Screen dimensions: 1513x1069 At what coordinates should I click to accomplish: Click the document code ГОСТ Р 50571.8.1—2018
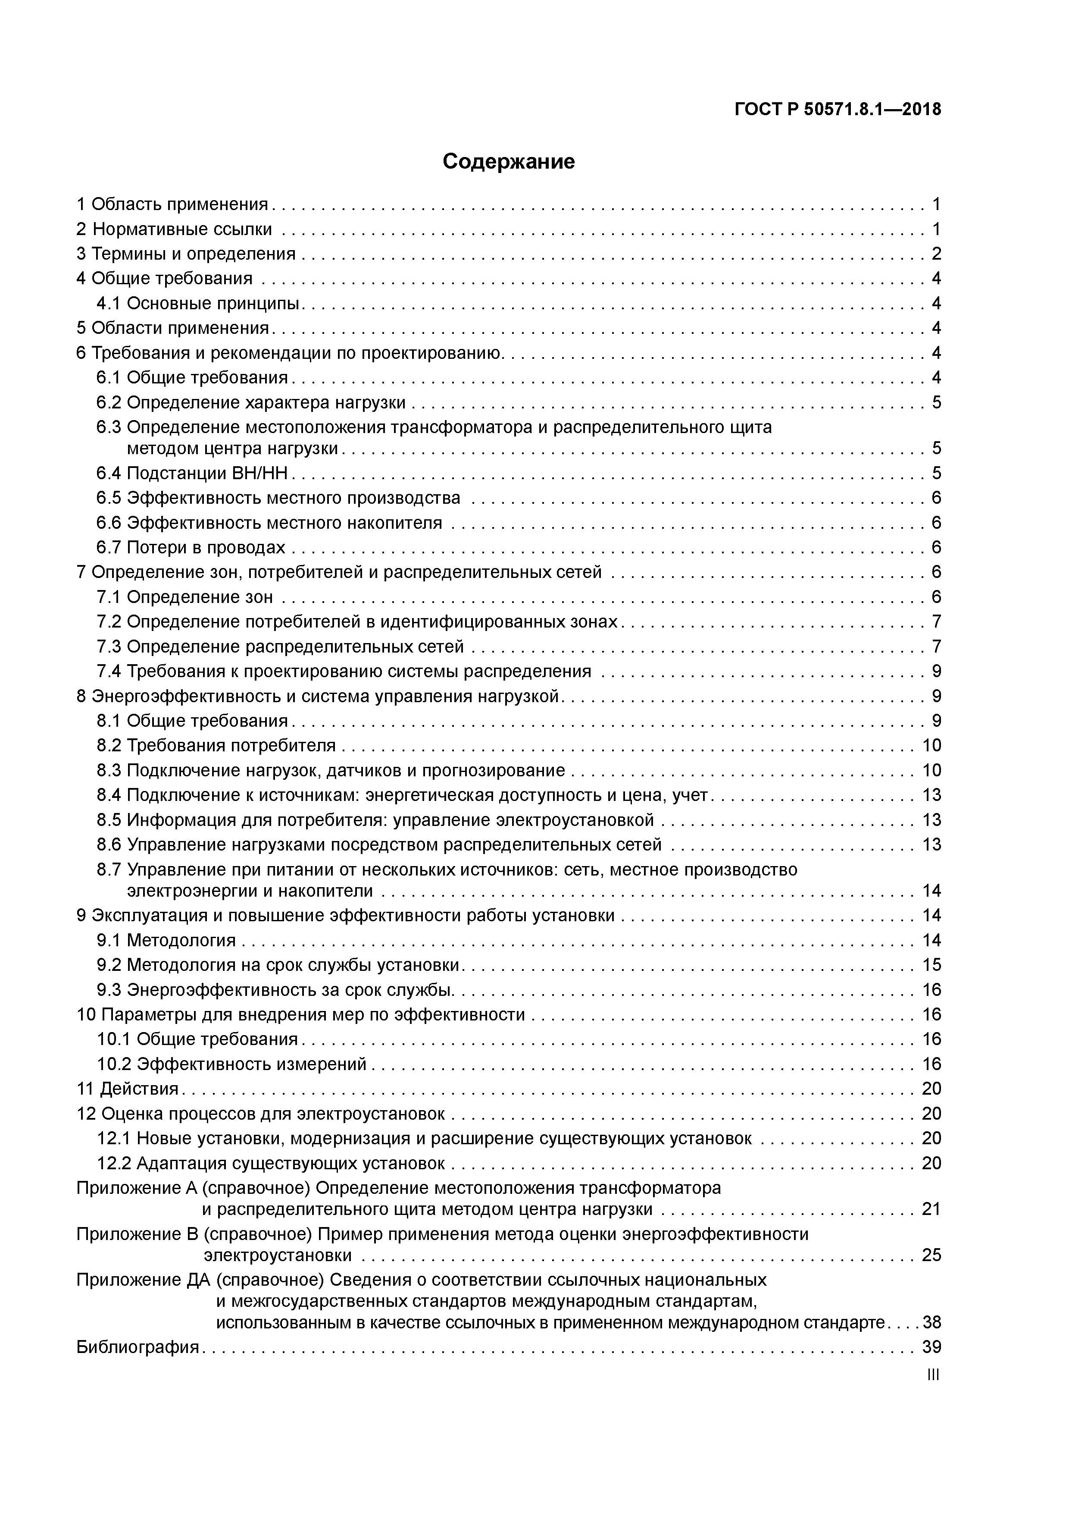click(x=838, y=110)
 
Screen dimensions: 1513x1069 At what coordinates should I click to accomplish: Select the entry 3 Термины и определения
click(x=186, y=254)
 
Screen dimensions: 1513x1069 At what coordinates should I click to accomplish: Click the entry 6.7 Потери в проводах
click(x=191, y=547)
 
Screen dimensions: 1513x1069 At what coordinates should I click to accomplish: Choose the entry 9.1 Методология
click(x=167, y=940)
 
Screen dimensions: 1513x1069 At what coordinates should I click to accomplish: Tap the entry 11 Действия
click(x=128, y=1089)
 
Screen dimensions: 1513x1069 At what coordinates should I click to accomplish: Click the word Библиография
click(x=138, y=1347)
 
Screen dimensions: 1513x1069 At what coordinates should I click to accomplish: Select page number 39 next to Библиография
click(x=931, y=1347)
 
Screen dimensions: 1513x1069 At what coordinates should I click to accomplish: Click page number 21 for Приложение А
click(x=931, y=1209)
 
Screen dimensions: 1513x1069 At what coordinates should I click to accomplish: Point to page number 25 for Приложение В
click(x=931, y=1255)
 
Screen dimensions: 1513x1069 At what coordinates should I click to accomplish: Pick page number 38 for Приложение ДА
click(x=931, y=1322)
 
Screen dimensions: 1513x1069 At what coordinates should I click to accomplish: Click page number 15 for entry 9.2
click(x=931, y=965)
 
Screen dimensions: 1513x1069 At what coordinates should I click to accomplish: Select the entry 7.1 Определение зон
click(x=184, y=597)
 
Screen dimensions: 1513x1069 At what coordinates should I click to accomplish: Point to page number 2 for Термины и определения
click(x=936, y=254)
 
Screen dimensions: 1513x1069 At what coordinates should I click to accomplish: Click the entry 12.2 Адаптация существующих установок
click(x=271, y=1163)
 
